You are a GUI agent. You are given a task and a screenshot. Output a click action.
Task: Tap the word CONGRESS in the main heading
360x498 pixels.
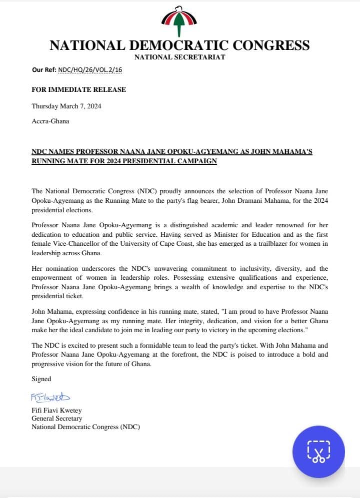[269, 45]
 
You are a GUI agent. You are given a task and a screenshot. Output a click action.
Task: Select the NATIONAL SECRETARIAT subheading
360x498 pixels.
[179, 57]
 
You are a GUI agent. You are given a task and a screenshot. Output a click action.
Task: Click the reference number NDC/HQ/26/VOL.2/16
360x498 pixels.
[90, 70]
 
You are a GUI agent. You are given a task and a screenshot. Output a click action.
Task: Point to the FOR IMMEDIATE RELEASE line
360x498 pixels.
[78, 90]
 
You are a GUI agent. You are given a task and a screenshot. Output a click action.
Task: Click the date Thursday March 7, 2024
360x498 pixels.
[66, 106]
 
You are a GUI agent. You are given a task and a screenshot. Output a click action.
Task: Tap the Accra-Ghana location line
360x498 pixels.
[50, 121]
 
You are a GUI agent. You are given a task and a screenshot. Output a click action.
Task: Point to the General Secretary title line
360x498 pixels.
[57, 419]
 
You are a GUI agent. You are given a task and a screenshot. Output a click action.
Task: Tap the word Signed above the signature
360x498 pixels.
[41, 379]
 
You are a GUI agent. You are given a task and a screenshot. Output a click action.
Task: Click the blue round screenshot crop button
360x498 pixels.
[318, 452]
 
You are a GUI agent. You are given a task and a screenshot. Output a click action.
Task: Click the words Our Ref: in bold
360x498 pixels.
[44, 70]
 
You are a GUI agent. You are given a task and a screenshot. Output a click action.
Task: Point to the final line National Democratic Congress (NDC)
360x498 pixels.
[86, 427]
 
